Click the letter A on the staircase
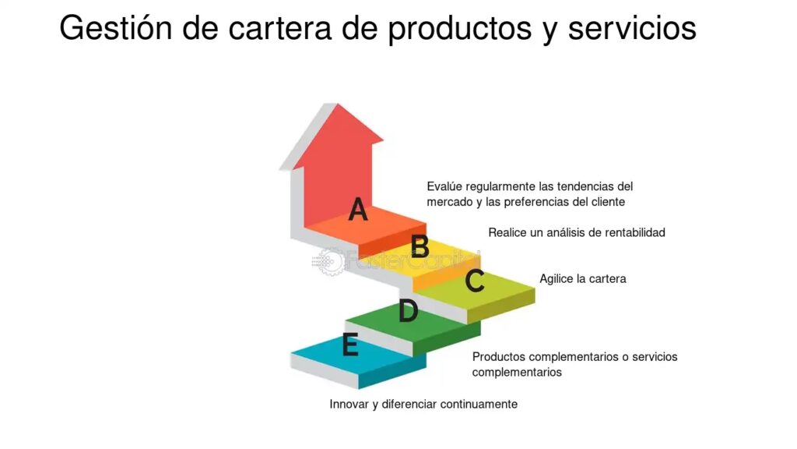[358, 209]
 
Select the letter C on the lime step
[475, 281]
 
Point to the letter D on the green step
[408, 310]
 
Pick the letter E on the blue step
[350, 344]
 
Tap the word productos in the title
[459, 30]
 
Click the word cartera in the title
[279, 29]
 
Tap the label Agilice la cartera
[582, 279]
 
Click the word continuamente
[479, 405]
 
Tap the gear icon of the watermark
[329, 262]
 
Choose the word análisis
[566, 232]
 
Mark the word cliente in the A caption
[608, 202]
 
